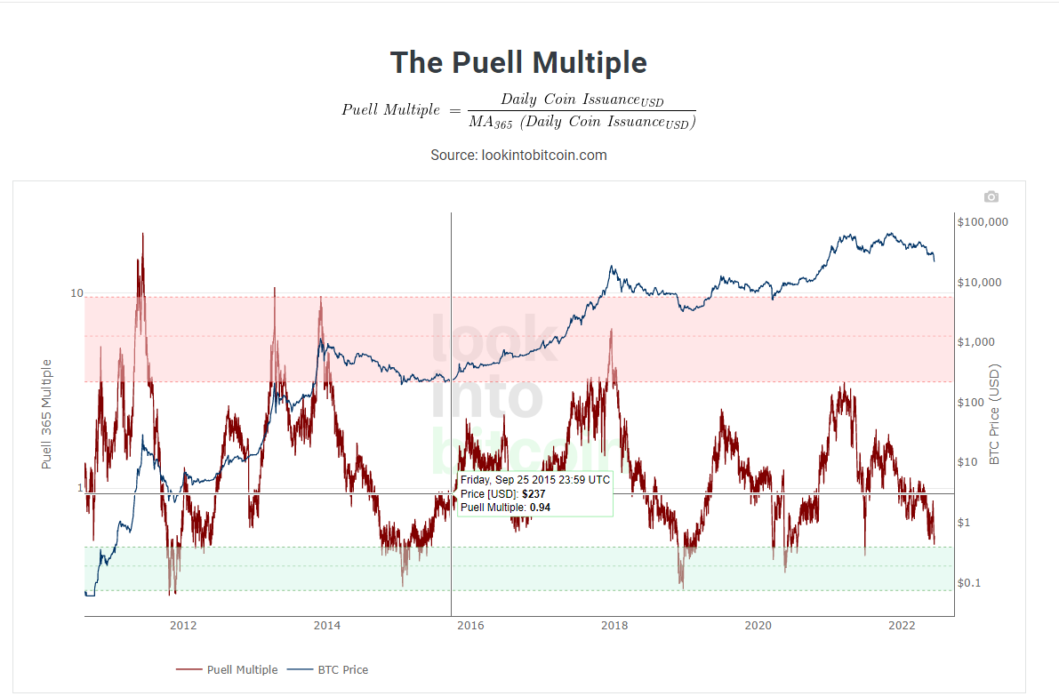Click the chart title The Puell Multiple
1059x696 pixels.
click(x=518, y=63)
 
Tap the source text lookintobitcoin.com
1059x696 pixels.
click(x=518, y=155)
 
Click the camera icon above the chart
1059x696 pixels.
click(x=991, y=196)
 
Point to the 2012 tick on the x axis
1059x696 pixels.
click(x=183, y=626)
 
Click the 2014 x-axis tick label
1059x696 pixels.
click(x=327, y=626)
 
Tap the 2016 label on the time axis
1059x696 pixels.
click(x=470, y=626)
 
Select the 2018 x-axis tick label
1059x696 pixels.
click(x=614, y=626)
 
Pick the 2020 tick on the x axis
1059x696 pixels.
click(x=758, y=626)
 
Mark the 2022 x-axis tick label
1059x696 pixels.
click(x=902, y=626)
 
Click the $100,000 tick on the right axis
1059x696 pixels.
click(x=983, y=222)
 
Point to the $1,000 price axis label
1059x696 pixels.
click(x=977, y=342)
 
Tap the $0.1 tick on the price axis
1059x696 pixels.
click(x=971, y=582)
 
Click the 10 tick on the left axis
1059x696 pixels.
click(x=76, y=294)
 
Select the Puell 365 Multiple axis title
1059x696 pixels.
click(x=47, y=414)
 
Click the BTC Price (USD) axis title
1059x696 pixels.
click(x=995, y=414)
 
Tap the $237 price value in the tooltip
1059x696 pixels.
click(x=533, y=493)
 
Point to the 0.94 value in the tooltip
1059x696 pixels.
click(x=540, y=508)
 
